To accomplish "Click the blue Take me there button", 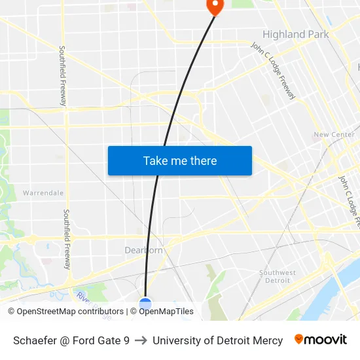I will (179, 160).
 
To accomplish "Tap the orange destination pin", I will (214, 6).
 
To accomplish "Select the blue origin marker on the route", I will (145, 303).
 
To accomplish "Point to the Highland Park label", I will (295, 34).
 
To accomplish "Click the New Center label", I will (334, 135).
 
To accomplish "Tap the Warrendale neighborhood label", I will (43, 193).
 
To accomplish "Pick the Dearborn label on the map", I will (143, 250).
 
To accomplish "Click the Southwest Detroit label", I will (278, 276).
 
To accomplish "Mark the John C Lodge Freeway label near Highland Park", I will (273, 71).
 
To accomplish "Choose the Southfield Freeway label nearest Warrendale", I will (66, 239).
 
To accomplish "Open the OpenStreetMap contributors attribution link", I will (65, 312).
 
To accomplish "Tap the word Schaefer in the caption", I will (35, 340).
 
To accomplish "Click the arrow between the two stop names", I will (141, 340).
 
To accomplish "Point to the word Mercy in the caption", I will (268, 340).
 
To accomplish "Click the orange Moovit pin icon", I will (298, 339).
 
